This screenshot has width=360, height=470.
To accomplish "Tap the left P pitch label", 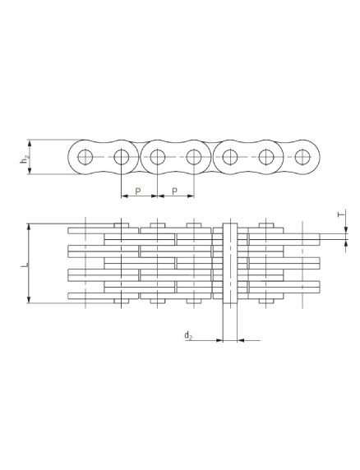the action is click(138, 191).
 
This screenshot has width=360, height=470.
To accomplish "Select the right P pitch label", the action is click(175, 191).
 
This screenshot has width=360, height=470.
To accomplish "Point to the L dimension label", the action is click(25, 265).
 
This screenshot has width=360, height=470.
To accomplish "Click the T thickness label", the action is click(340, 214).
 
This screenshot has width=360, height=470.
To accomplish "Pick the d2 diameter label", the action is click(188, 335).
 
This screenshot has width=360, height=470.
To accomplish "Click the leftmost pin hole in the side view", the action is click(85, 157).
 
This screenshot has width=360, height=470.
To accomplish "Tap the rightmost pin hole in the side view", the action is click(302, 157).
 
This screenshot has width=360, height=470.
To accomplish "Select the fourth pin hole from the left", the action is click(194, 157).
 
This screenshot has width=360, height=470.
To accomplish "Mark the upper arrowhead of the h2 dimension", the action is click(30, 144).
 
